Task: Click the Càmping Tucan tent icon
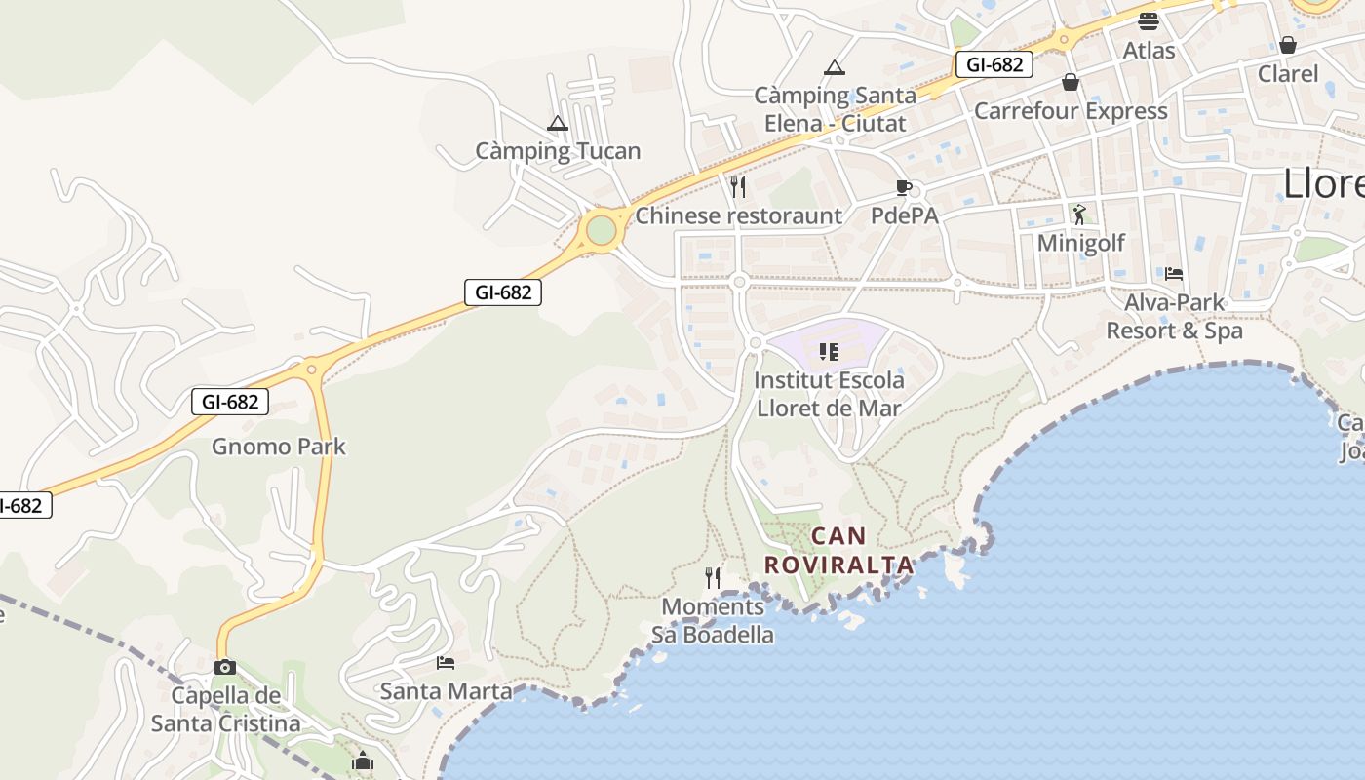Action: (x=557, y=124)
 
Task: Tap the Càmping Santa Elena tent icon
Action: (x=834, y=68)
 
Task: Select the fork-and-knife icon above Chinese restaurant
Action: (x=738, y=187)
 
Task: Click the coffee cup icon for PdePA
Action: (x=904, y=187)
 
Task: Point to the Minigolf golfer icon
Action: (x=1079, y=214)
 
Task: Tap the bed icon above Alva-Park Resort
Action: (x=1174, y=274)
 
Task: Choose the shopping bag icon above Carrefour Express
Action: (x=1071, y=82)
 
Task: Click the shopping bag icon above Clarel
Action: (x=1288, y=45)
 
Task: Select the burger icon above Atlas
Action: (x=1149, y=21)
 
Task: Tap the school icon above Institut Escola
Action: (x=829, y=351)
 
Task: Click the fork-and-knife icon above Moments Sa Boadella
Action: (x=713, y=578)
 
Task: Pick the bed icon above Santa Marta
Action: (x=446, y=663)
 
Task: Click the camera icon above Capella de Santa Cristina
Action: (x=225, y=667)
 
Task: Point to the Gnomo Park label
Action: (x=279, y=447)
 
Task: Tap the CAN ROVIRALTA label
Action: (x=838, y=550)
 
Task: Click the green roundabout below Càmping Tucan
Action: (x=602, y=231)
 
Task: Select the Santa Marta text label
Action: (x=446, y=691)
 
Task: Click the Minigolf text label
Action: (x=1081, y=243)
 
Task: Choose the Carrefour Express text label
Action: (x=1071, y=111)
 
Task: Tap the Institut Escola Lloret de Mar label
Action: (x=830, y=394)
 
